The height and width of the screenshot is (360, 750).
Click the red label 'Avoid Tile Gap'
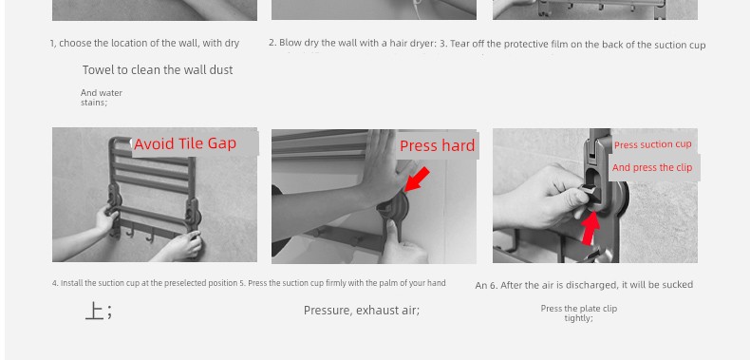pyautogui.click(x=185, y=143)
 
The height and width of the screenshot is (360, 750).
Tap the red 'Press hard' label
pyautogui.click(x=437, y=145)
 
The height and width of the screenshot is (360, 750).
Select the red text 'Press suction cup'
pyautogui.click(x=653, y=144)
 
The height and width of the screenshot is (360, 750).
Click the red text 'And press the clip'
pyautogui.click(x=652, y=167)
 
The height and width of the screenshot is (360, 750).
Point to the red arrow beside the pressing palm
pyautogui.click(x=417, y=179)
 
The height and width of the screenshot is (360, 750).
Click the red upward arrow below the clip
pyautogui.click(x=591, y=228)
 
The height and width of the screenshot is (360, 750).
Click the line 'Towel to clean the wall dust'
pyautogui.click(x=158, y=70)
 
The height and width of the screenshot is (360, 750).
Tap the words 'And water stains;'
pyautogui.click(x=102, y=97)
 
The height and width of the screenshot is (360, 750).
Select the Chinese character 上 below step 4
pyautogui.click(x=94, y=312)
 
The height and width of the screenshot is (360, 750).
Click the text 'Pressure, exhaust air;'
pyautogui.click(x=362, y=311)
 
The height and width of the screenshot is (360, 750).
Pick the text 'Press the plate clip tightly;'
pyautogui.click(x=579, y=313)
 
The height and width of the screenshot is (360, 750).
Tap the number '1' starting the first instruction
pyautogui.click(x=52, y=44)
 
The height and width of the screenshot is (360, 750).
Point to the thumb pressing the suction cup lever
pyautogui.click(x=393, y=231)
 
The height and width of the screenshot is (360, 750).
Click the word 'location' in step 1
pyautogui.click(x=129, y=43)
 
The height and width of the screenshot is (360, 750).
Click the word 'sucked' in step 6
pyautogui.click(x=678, y=285)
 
